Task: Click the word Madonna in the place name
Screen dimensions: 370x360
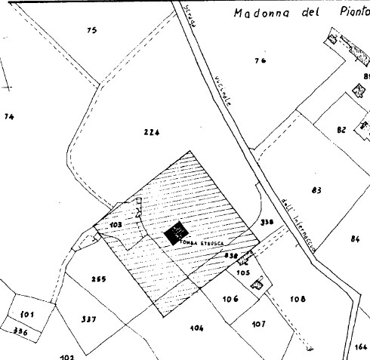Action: tap(259, 13)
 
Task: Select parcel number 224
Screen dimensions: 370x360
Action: tap(151, 132)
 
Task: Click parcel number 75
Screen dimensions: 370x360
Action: tap(92, 30)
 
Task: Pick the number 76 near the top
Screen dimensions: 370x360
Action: tap(261, 60)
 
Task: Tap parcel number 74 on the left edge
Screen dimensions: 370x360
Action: tap(9, 116)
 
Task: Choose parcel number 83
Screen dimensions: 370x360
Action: tap(316, 189)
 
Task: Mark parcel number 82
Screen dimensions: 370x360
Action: tap(341, 130)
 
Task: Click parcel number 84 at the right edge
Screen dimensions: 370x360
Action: tap(355, 238)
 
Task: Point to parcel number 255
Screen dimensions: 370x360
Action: tap(98, 279)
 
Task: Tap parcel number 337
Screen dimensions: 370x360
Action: tap(88, 319)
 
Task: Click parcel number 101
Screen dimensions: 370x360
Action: tap(27, 313)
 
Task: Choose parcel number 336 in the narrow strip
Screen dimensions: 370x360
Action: tap(20, 331)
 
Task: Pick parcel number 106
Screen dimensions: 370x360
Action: tap(230, 299)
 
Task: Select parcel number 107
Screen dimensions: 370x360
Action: tap(259, 324)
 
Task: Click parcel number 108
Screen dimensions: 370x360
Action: tap(298, 299)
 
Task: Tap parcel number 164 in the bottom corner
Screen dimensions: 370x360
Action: tap(360, 347)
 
